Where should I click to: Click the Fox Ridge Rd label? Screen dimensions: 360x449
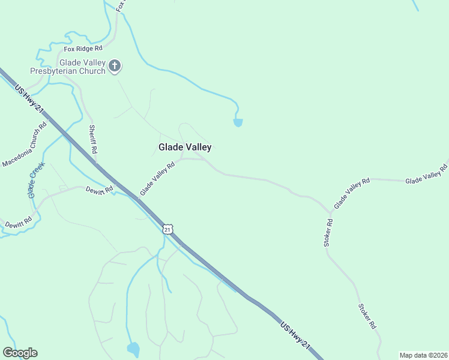[83, 48]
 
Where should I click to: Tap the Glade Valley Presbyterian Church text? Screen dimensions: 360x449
[82, 67]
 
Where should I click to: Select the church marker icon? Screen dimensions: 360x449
[115, 66]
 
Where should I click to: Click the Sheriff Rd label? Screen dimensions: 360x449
[92, 139]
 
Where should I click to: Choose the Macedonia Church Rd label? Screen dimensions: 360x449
[25, 146]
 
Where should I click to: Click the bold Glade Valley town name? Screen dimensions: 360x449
[184, 147]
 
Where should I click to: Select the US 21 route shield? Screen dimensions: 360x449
[167, 229]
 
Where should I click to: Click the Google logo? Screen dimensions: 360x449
[20, 353]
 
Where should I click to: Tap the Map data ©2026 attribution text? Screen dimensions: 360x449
[423, 355]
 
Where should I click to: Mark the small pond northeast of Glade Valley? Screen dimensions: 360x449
[238, 123]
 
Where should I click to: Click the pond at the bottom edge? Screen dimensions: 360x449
[133, 349]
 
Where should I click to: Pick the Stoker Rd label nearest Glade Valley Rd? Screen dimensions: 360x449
[328, 232]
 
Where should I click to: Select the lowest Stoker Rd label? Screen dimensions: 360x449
[367, 316]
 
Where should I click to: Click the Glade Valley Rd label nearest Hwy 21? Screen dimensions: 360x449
[157, 179]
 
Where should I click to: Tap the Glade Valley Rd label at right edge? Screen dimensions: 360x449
[426, 173]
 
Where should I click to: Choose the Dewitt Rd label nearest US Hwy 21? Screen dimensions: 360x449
[99, 190]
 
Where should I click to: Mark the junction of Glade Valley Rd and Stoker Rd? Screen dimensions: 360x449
[330, 212]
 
